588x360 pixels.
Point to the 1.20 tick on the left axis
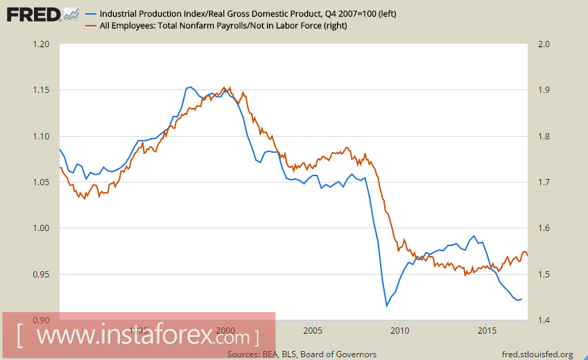(x=42, y=44)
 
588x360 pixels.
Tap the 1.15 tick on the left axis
(x=42, y=90)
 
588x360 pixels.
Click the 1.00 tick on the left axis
(x=42, y=228)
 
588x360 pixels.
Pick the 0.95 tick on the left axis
(x=42, y=274)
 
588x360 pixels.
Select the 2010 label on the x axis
(x=399, y=330)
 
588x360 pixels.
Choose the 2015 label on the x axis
(x=485, y=330)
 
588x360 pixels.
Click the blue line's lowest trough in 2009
(x=387, y=306)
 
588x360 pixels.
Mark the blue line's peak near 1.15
(x=189, y=87)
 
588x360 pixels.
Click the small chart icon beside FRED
(x=70, y=13)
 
